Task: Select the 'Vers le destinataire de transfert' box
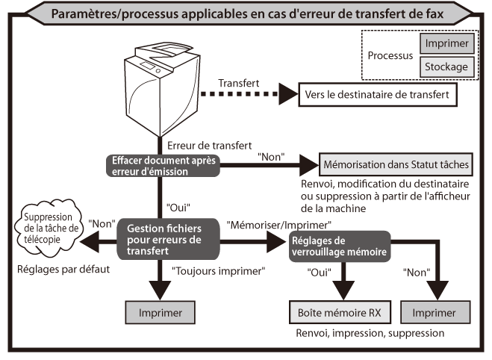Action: click(x=376, y=96)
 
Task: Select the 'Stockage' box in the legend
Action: click(x=446, y=67)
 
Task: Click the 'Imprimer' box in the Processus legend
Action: click(x=446, y=43)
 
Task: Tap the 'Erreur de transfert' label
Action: click(x=208, y=144)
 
